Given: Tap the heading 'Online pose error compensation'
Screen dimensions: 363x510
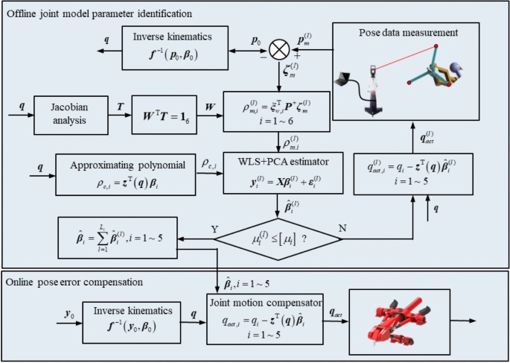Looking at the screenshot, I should point(83,282).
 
